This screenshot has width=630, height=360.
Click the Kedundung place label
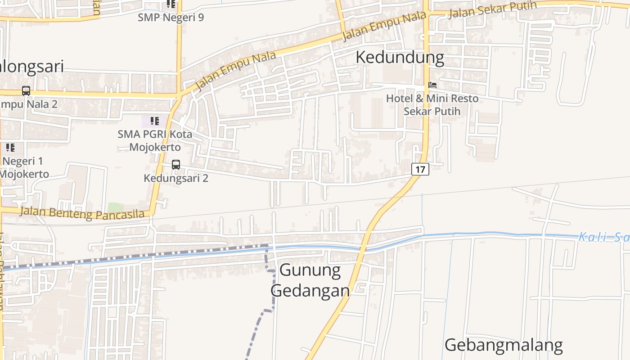coord(400,58)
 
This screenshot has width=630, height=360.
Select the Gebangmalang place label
coord(504,345)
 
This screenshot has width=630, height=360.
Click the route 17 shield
coord(420,169)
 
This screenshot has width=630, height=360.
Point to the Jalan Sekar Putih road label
coord(493,9)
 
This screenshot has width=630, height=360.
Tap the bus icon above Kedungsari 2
coord(175,165)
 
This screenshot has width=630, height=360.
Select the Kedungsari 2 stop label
coord(175,178)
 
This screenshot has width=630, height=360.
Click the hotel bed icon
coord(432,85)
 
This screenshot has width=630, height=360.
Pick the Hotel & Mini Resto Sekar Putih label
coord(432,104)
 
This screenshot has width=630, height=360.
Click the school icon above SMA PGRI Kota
coord(155,121)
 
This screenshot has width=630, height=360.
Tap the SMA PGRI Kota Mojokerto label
coord(155,140)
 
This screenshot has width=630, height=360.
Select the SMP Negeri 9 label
coord(171,18)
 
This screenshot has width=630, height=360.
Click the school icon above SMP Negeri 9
coord(171,4)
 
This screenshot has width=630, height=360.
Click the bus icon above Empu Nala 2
coord(26,91)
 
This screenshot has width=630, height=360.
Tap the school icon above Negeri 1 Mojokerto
coord(10,147)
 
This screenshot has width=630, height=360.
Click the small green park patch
coord(116,208)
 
